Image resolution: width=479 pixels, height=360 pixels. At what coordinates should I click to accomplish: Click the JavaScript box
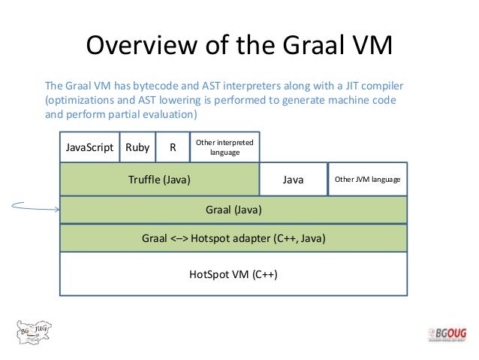pyautogui.click(x=89, y=147)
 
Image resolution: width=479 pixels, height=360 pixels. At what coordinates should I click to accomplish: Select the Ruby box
pyautogui.click(x=137, y=147)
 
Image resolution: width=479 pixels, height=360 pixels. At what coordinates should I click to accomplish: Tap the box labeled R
pyautogui.click(x=173, y=147)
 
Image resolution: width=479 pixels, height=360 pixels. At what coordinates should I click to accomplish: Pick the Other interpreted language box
pyautogui.click(x=224, y=147)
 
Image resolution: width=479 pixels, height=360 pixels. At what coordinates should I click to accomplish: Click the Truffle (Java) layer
pyautogui.click(x=159, y=180)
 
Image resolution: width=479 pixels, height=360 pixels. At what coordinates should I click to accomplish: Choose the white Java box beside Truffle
pyautogui.click(x=293, y=180)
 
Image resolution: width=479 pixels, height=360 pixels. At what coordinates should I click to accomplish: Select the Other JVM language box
pyautogui.click(x=367, y=180)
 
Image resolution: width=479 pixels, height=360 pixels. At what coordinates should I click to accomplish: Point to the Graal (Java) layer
pyautogui.click(x=233, y=210)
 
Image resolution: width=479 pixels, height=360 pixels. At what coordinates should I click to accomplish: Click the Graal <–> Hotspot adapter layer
pyautogui.click(x=233, y=238)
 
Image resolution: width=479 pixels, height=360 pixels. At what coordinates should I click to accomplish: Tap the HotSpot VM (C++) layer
pyautogui.click(x=233, y=274)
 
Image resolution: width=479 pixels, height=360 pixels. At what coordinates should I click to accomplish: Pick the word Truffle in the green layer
pyautogui.click(x=143, y=180)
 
